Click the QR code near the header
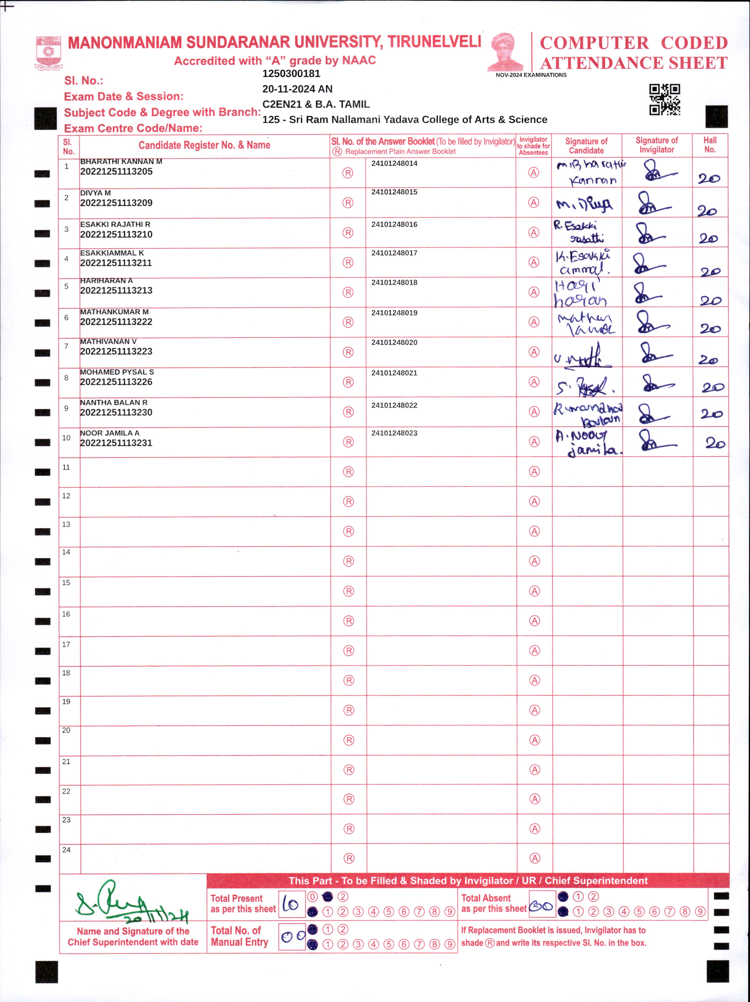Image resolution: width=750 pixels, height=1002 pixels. click(664, 99)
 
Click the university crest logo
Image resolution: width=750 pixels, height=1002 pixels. click(48, 52)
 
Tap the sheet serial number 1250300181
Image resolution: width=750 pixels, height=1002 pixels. click(291, 73)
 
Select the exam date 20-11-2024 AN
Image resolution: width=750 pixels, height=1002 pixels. click(297, 89)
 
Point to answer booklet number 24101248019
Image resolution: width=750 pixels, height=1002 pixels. click(394, 313)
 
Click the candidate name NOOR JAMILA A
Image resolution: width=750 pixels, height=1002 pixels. click(110, 433)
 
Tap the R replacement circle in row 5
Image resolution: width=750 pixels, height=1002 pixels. click(348, 292)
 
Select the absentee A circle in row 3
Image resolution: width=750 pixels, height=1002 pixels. click(534, 232)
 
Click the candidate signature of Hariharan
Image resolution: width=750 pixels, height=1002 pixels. click(581, 294)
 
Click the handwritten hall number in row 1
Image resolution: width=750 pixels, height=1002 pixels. click(709, 178)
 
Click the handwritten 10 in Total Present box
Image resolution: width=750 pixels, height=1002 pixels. click(290, 904)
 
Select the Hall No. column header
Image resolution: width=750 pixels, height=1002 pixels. click(710, 145)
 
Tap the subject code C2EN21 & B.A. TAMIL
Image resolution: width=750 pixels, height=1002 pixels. click(316, 104)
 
